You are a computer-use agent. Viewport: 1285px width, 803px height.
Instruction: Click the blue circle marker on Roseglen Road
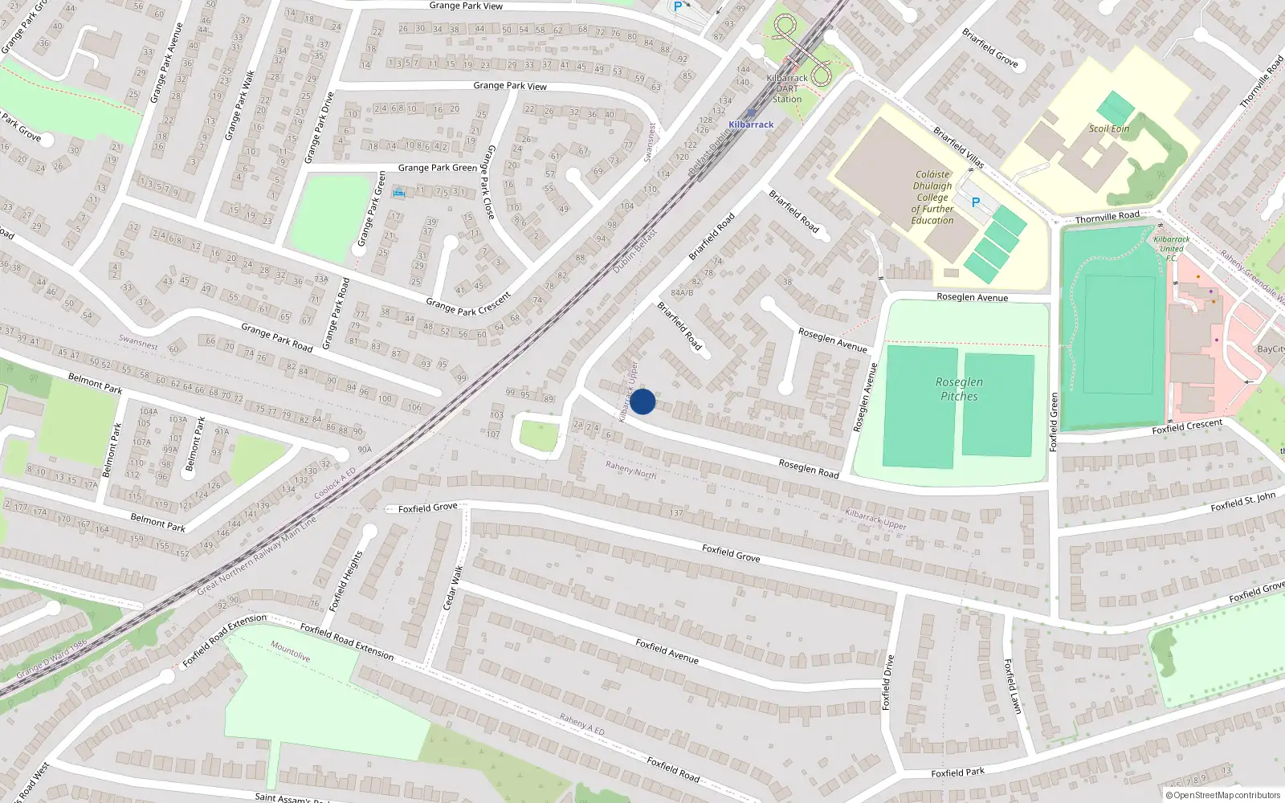(642, 401)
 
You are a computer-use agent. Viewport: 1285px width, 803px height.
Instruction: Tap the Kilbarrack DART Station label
(787, 88)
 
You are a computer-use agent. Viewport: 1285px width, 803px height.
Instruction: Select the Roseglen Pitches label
(959, 389)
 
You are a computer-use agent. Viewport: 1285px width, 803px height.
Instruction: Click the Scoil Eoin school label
(1109, 128)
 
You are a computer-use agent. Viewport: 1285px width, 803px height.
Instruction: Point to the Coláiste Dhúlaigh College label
(932, 197)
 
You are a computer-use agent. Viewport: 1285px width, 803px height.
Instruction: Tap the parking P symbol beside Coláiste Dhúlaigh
(976, 202)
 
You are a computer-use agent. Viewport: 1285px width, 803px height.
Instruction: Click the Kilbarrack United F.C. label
(1172, 248)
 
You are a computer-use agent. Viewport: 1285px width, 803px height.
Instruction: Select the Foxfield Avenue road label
(667, 650)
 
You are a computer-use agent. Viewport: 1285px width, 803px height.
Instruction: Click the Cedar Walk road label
(453, 587)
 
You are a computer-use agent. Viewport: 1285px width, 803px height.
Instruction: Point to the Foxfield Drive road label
(887, 683)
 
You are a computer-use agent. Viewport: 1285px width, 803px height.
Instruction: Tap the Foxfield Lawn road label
(1013, 686)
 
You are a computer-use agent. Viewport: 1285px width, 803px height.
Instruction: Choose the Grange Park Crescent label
(468, 304)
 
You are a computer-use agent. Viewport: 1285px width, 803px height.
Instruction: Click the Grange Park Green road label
(437, 168)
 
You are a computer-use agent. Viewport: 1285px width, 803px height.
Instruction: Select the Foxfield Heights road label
(346, 581)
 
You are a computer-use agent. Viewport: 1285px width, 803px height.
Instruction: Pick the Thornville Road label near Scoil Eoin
(1107, 218)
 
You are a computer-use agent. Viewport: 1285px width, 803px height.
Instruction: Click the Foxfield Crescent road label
(1187, 426)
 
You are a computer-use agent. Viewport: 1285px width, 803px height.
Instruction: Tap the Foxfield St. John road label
(1242, 503)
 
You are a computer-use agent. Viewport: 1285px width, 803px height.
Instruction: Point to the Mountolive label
(290, 650)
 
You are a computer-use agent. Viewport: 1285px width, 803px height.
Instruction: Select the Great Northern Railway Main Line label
(257, 556)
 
